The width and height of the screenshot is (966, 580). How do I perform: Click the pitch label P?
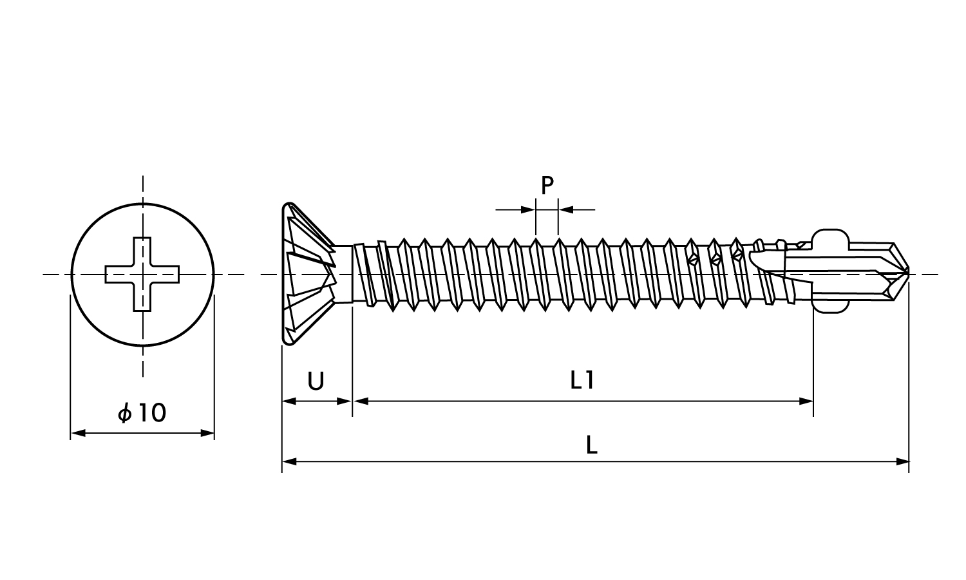(x=547, y=186)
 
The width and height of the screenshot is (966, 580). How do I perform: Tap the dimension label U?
(x=316, y=382)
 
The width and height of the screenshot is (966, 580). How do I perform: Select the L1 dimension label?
(x=582, y=381)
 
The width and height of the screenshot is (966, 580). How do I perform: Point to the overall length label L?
(x=592, y=445)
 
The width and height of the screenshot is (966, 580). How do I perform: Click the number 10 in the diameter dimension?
(x=152, y=413)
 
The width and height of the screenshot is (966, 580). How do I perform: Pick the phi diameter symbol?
(x=125, y=414)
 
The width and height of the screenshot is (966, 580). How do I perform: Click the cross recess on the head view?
(x=142, y=274)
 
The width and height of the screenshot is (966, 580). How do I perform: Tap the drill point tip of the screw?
(x=908, y=274)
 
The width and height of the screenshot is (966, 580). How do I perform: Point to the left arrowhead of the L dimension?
(x=289, y=462)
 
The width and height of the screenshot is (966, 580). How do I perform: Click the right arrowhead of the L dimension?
(x=902, y=462)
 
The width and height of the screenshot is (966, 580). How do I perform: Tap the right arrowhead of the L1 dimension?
(x=806, y=401)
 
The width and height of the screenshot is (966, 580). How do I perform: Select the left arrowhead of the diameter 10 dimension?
(x=78, y=433)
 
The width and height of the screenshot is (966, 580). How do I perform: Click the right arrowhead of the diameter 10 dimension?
(x=207, y=433)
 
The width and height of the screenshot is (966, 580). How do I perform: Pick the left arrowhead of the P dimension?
(x=528, y=209)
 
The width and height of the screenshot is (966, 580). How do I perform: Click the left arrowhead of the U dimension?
(x=289, y=401)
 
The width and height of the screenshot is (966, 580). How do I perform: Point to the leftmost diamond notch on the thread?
(x=692, y=259)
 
